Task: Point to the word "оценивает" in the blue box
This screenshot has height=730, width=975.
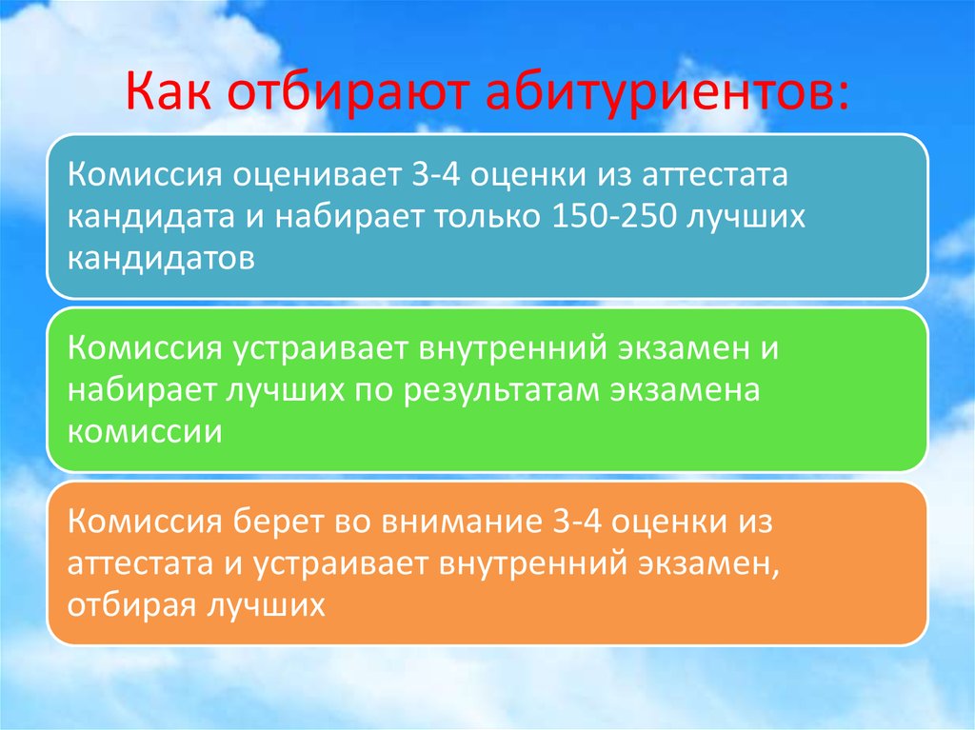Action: (x=304, y=176)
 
